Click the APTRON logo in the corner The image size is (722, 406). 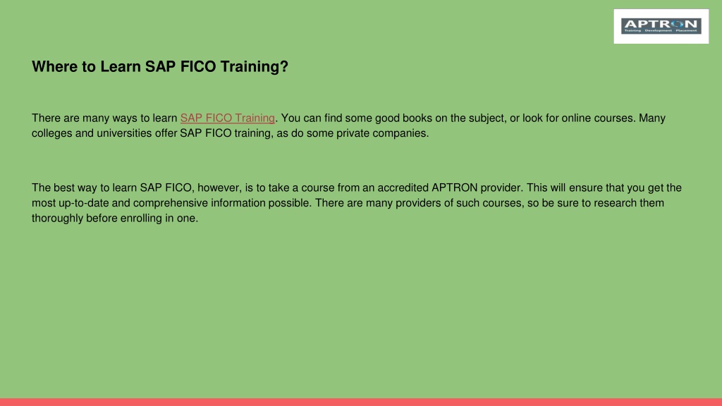661,26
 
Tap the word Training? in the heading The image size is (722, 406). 254,67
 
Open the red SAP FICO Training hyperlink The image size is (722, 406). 228,118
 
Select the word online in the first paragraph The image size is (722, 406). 576,118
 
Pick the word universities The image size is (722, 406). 124,133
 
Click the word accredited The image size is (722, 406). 403,187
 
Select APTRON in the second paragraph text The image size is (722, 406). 455,187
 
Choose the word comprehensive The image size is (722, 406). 171,204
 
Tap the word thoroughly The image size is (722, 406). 58,219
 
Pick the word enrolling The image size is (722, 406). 141,219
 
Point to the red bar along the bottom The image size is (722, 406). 361,402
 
